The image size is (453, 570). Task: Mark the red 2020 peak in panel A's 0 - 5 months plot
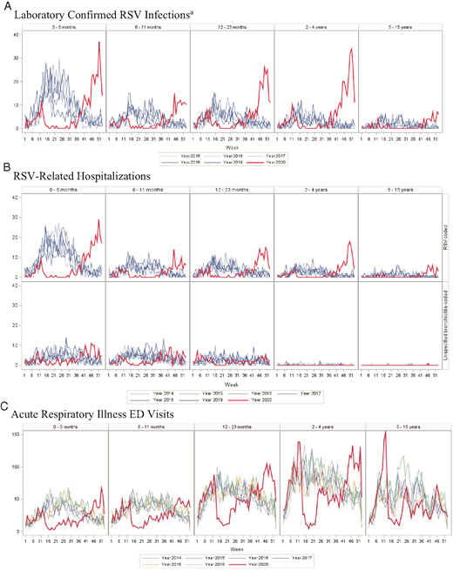99,42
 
